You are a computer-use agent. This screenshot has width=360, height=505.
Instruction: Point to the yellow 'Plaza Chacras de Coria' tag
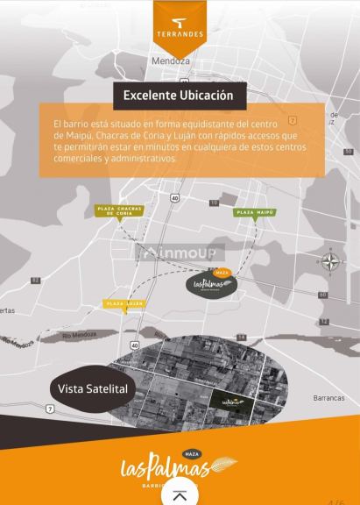tap(119, 210)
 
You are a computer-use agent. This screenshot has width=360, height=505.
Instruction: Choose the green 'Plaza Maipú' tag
tap(255, 212)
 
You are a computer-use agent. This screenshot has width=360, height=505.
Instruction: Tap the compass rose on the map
tap(330, 261)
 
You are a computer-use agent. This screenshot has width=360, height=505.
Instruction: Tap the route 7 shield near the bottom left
tap(50, 409)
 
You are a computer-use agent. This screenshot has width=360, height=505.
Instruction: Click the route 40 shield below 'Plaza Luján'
tap(134, 346)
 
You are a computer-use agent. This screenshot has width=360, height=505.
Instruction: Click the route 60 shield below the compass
tap(322, 295)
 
